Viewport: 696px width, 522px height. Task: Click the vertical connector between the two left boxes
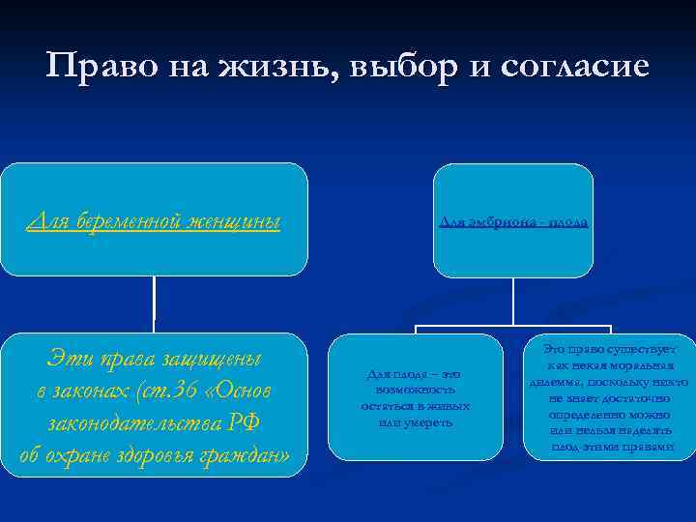tap(155, 304)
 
